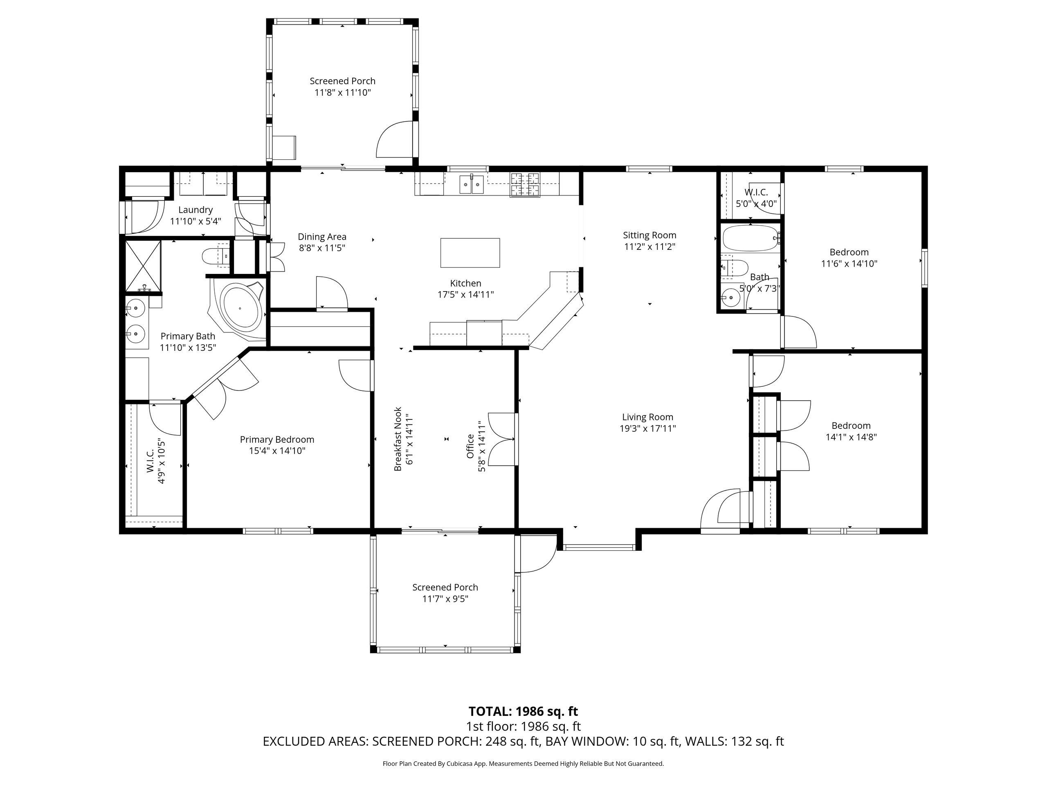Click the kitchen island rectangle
click(470, 253)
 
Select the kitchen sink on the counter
click(472, 184)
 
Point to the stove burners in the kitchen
click(524, 184)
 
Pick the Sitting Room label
click(649, 235)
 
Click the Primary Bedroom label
click(277, 440)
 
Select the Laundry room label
click(195, 210)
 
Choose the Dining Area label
click(322, 237)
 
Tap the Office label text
click(470, 446)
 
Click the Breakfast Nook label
click(398, 439)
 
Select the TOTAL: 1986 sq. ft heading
click(523, 711)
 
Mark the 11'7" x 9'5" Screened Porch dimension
click(445, 599)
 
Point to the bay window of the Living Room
click(599, 547)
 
